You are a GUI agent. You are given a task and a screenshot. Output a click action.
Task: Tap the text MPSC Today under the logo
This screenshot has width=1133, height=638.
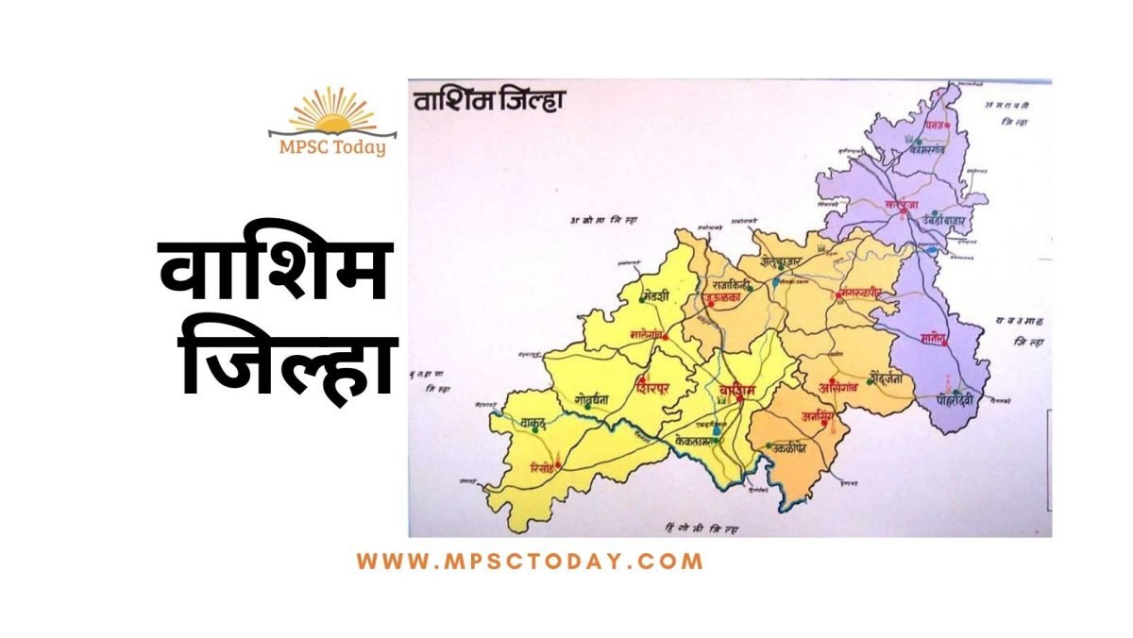331,147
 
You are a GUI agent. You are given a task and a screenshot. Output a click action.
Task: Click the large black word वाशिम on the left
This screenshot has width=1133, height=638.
274,271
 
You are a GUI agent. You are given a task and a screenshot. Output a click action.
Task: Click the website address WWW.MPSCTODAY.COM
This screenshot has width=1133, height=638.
530,561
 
